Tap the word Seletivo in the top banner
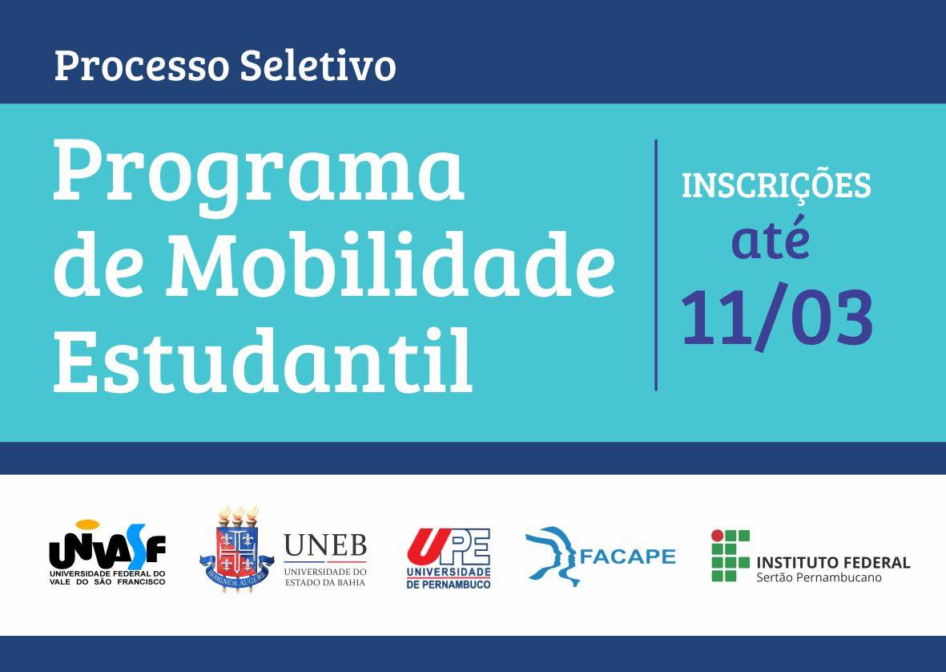318,65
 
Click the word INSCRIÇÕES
776,184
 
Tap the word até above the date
771,237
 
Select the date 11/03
777,317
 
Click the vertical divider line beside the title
656,265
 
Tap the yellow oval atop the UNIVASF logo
87,524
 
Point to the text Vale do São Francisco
107,581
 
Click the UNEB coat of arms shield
237,549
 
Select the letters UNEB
325,546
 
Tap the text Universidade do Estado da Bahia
325,577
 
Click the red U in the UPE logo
427,545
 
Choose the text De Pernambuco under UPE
449,585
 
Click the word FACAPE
627,556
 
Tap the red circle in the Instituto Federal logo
718,536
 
